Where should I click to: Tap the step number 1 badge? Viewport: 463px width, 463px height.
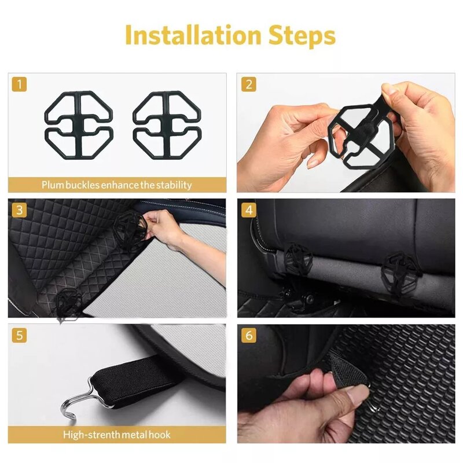pos(20,84)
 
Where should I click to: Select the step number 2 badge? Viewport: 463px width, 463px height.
pos(249,84)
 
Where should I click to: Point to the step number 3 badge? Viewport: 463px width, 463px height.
pos(20,210)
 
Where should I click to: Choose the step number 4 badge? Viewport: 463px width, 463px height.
pos(249,210)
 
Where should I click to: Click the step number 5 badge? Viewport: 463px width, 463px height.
pos(20,335)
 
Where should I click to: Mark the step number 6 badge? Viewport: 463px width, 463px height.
pos(249,335)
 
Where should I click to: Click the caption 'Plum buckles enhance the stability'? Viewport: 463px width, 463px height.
pos(116,185)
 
